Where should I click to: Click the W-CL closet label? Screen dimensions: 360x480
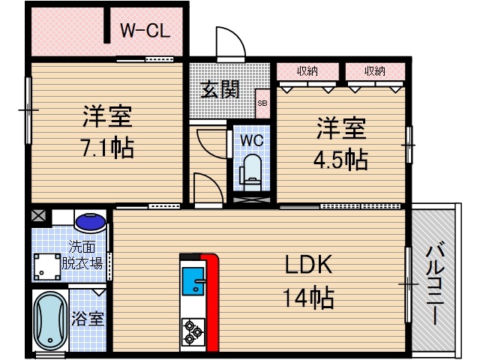pos(146,31)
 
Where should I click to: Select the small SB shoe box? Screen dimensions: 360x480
pos(262,104)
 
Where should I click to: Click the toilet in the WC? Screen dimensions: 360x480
pos(251,170)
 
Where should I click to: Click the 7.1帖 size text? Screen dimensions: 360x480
pos(107,147)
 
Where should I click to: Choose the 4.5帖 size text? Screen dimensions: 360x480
pos(341,159)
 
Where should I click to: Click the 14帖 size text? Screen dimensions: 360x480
pos(308,298)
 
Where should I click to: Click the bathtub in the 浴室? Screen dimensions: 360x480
pos(51,322)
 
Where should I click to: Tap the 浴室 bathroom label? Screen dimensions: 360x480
pos(88,318)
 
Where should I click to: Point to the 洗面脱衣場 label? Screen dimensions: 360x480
pos(82,255)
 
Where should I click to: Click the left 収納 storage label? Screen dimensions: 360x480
pos(307,71)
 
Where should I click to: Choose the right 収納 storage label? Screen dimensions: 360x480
pos(375,71)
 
